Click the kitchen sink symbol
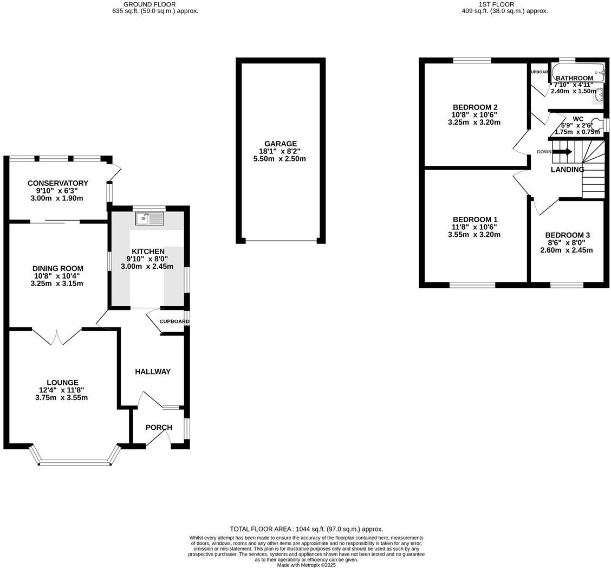tap(149, 218)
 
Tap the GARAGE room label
tap(281, 144)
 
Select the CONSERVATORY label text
tap(58, 183)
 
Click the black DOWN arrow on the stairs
tap(562, 152)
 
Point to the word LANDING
tap(567, 170)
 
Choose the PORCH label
tap(159, 427)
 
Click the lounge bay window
tap(75, 462)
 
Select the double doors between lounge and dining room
tap(56, 336)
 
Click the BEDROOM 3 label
tap(567, 235)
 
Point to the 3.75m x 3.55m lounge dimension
tap(61, 397)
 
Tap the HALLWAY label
tap(153, 371)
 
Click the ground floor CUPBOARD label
tap(174, 321)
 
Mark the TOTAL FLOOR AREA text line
tap(306, 529)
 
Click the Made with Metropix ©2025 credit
tap(306, 565)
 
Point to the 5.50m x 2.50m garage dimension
tap(279, 159)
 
